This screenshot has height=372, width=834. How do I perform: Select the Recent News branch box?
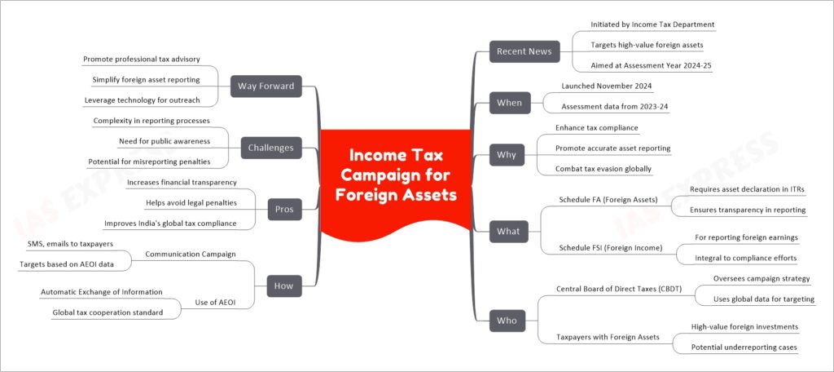tap(517, 51)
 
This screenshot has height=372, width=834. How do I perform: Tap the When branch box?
tap(509, 103)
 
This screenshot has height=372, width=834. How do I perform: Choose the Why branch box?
tap(507, 155)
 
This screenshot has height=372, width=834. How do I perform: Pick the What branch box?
tap(508, 232)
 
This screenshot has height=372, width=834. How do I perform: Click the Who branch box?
tap(507, 321)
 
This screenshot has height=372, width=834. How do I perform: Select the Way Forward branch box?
tap(266, 86)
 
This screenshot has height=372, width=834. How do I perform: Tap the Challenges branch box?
tap(271, 148)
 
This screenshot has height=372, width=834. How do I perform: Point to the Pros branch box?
tap(284, 209)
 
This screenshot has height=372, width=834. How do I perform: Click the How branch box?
tap(284, 286)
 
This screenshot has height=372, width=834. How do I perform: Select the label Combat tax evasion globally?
tap(604, 168)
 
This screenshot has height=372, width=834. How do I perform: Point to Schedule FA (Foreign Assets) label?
tap(608, 199)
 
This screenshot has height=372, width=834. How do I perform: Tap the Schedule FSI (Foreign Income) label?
tap(611, 247)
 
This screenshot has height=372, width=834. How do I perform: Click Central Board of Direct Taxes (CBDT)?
tap(619, 289)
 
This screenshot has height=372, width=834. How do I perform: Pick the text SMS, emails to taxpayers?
tap(70, 244)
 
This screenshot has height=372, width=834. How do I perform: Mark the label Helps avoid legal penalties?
tap(191, 202)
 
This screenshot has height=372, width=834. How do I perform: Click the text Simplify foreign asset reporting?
tap(146, 79)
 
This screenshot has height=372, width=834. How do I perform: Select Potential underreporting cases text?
tap(744, 347)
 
